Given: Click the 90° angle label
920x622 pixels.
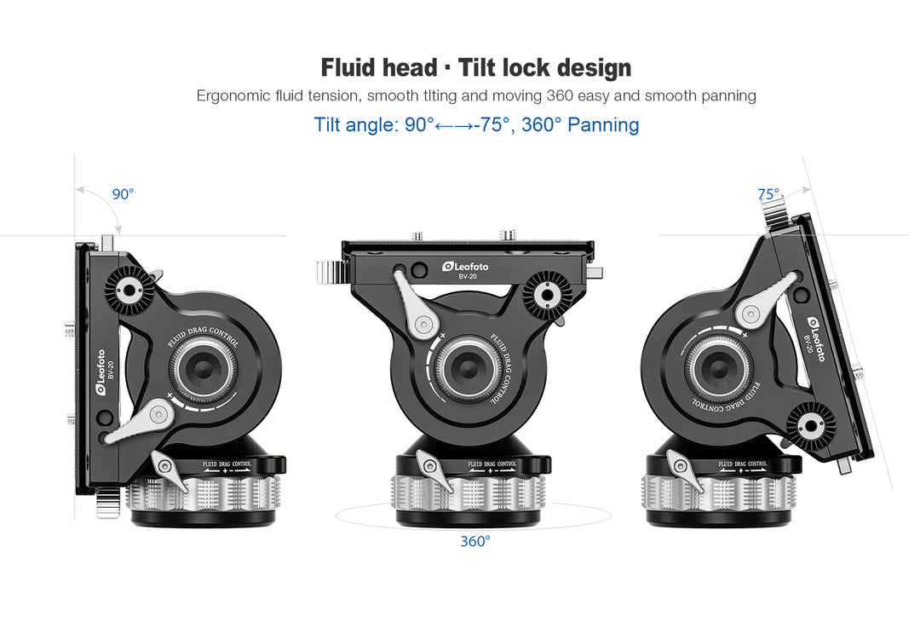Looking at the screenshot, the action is tap(124, 193).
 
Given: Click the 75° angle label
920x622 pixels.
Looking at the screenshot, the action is tap(768, 194).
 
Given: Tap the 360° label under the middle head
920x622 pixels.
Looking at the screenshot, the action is tap(475, 541).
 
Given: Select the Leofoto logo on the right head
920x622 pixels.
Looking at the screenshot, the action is tap(816, 339).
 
